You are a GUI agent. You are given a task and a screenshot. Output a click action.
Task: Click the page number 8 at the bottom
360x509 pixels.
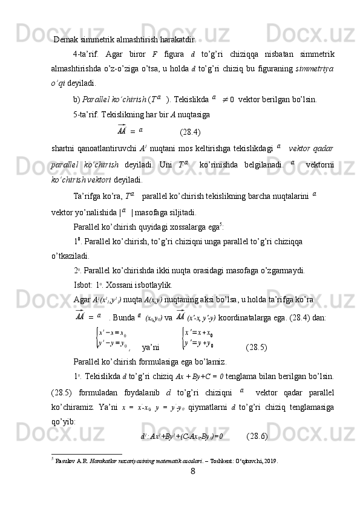point(192,487)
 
